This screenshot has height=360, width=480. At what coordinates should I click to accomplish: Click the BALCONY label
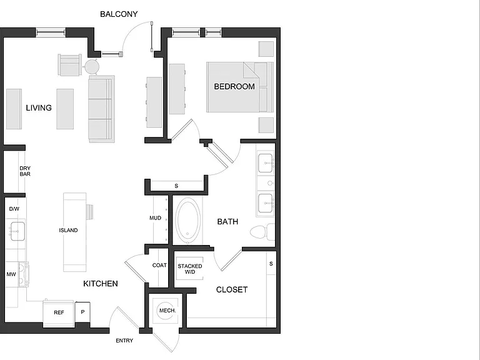(119, 14)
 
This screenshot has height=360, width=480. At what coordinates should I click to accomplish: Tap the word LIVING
(39, 107)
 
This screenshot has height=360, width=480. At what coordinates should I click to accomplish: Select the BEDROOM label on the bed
(234, 87)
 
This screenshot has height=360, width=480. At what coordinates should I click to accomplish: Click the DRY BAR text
(25, 171)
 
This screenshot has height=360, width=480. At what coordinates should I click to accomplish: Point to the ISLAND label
(68, 230)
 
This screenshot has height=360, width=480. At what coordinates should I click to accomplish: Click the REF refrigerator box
(59, 313)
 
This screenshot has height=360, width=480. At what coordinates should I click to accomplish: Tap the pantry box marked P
(82, 312)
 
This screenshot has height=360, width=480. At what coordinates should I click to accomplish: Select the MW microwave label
(11, 274)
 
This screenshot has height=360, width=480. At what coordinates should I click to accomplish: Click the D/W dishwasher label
(14, 209)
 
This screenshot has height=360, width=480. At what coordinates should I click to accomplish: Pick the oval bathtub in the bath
(187, 220)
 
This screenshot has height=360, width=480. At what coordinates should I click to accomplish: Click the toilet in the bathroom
(262, 231)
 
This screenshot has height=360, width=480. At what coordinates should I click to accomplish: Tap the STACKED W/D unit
(190, 269)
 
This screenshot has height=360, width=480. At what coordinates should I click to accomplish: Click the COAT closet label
(159, 265)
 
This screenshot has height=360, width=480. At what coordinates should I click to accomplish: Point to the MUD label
(155, 218)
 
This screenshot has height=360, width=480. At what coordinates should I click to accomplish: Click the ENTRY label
(124, 341)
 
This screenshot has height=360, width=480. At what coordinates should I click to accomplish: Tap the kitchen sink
(17, 231)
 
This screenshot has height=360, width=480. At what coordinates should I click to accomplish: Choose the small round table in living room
(92, 66)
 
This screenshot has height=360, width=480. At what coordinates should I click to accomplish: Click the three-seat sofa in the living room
(102, 109)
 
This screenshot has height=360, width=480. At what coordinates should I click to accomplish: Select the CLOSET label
(232, 289)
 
